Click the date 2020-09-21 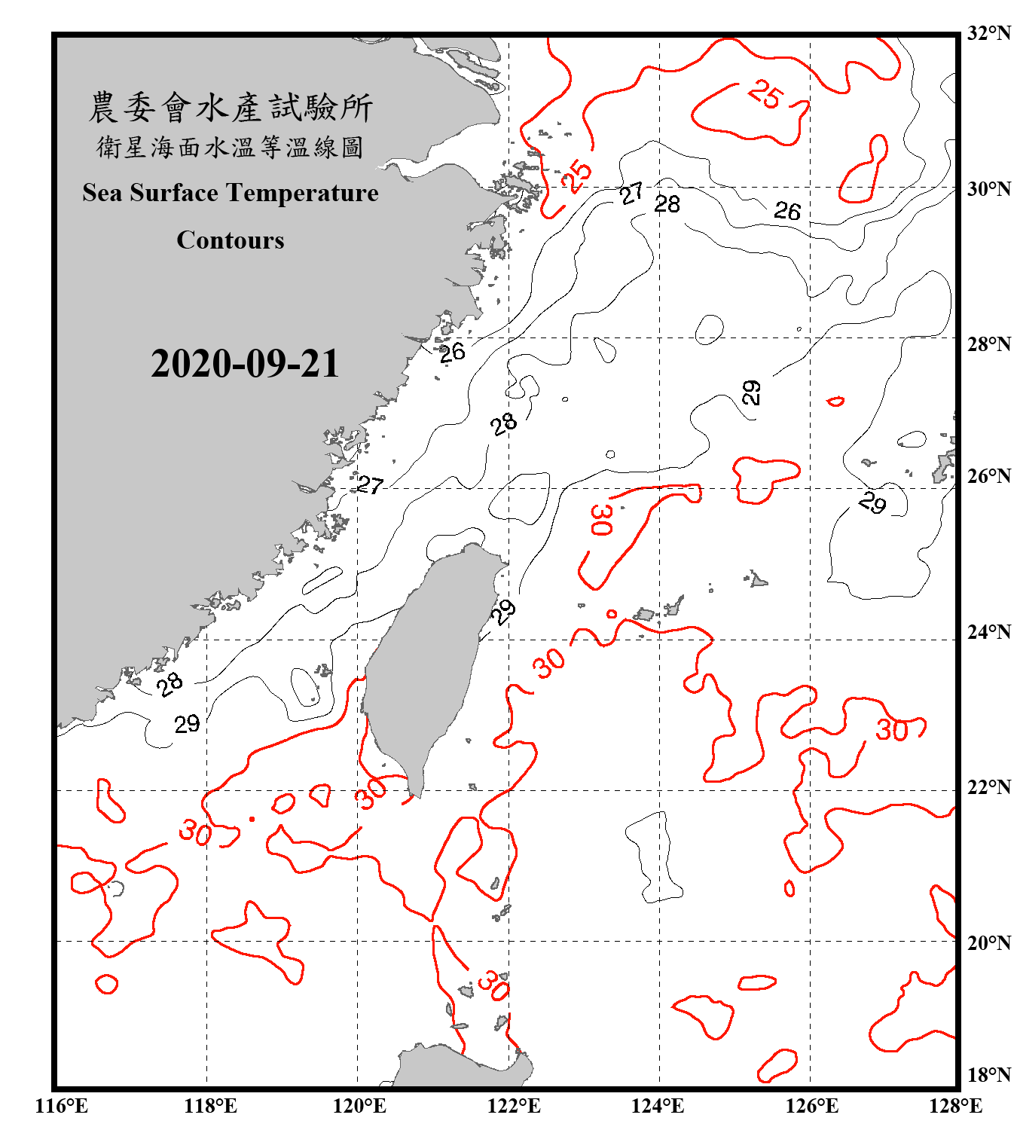tap(245, 364)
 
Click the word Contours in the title tap(231, 240)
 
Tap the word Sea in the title tap(102, 193)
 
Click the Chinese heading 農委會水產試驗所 tap(231, 108)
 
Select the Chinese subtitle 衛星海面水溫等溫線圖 tap(230, 147)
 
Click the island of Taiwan tap(426, 663)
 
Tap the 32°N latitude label tap(989, 33)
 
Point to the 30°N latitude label tap(989, 189)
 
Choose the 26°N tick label tap(989, 476)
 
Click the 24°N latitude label tap(989, 632)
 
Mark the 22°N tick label tap(989, 787)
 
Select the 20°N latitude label tap(989, 943)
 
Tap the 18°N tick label tap(989, 1075)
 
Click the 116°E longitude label tap(62, 1106)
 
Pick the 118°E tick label tap(210, 1106)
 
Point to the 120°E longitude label tap(359, 1106)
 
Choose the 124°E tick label tap(658, 1106)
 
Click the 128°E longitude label tap(955, 1106)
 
